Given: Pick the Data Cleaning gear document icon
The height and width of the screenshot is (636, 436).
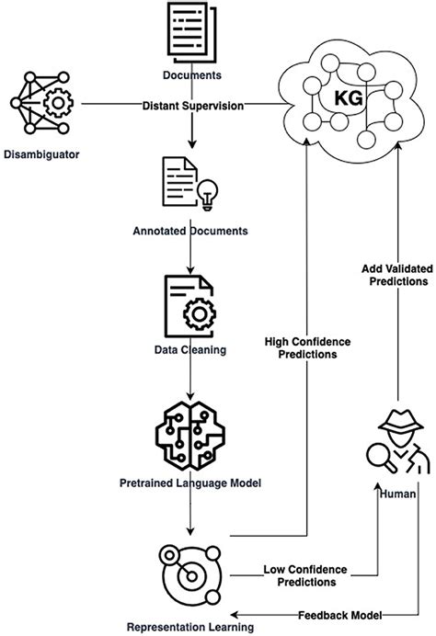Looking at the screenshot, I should coord(191,307).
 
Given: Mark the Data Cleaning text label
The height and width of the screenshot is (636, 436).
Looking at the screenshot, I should coord(191,350).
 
